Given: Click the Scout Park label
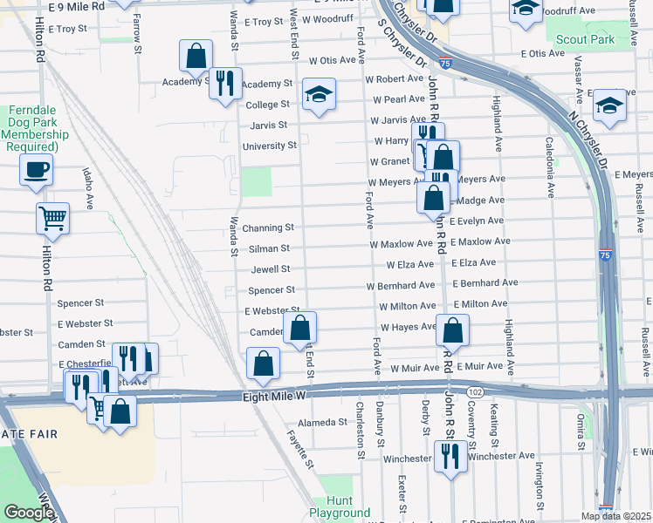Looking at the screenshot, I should pos(586,39).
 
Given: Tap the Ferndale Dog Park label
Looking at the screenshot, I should pos(38,129).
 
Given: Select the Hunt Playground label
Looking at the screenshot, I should pos(340,506).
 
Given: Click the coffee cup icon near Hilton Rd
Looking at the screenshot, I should pos(37,170).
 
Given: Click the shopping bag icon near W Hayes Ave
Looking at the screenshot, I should pos(453,329).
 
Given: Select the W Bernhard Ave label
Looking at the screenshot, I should pos(401,285).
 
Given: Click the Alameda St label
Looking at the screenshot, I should pos(323,422).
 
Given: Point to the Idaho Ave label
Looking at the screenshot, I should pos(88,187).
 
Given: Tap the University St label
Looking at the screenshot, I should pos(270,146).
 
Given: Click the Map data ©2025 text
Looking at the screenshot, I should pos(615,516).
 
